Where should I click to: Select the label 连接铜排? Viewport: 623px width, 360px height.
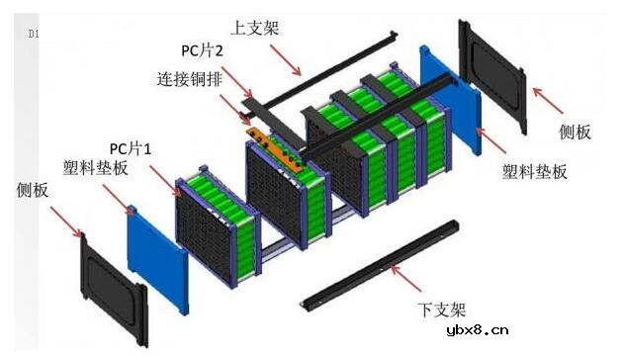[x=193, y=77]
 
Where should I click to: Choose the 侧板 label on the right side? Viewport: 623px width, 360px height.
[x=579, y=131]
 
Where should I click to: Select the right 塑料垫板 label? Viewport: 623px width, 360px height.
[x=534, y=171]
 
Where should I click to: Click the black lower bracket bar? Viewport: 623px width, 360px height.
[x=381, y=267]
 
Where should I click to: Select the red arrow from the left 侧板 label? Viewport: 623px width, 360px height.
[x=66, y=219]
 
